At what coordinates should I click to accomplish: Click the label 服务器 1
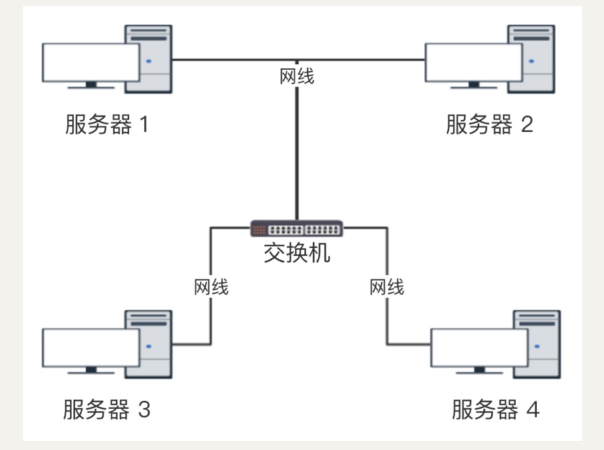coord(106,124)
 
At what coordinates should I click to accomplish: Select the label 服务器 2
coord(489,124)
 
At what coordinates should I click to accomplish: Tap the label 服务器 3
coord(106,410)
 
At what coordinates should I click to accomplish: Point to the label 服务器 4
coord(495,410)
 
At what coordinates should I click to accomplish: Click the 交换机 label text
coord(297,253)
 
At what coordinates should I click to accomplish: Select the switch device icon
coord(297,229)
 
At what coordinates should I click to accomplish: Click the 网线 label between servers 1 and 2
coord(297,76)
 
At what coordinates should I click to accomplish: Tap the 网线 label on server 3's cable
coord(211,287)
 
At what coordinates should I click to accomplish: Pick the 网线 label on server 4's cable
coord(387,287)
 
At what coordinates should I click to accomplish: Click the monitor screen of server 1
coord(91,62)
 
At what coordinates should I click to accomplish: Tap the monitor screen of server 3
coord(91,347)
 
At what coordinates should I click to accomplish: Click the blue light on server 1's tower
coord(149,60)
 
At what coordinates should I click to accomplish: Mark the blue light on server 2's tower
coord(532,60)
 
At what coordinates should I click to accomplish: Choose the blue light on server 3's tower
coord(149,346)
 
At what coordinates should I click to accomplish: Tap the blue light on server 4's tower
coord(537,346)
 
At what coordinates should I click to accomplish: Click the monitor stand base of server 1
coord(91,87)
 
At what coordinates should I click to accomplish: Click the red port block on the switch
coord(259,230)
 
